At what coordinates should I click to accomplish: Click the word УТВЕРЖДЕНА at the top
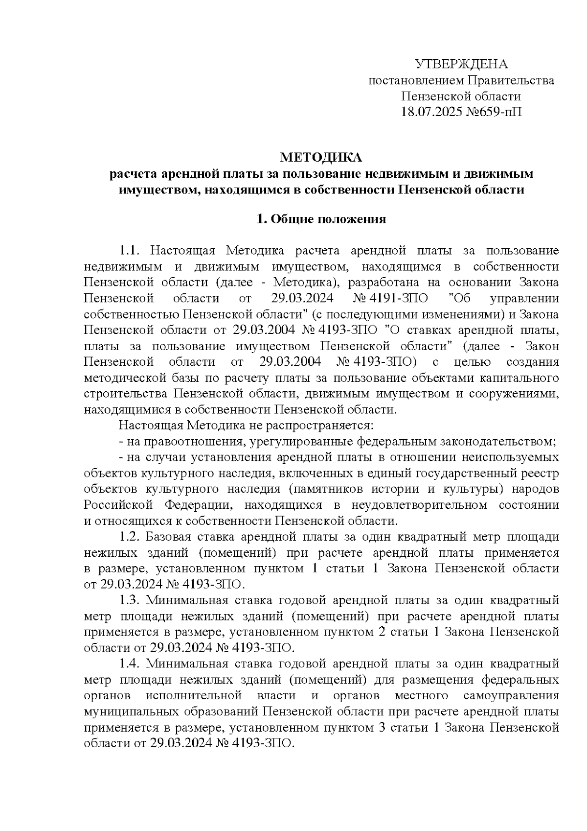coord(461,64)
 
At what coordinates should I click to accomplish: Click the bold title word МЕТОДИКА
coord(321,158)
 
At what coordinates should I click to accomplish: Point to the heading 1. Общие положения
coord(321,219)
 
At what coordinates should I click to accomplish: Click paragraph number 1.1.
coord(130,251)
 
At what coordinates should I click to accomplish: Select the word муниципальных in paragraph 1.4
coord(130,711)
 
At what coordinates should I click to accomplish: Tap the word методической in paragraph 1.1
coord(125,378)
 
